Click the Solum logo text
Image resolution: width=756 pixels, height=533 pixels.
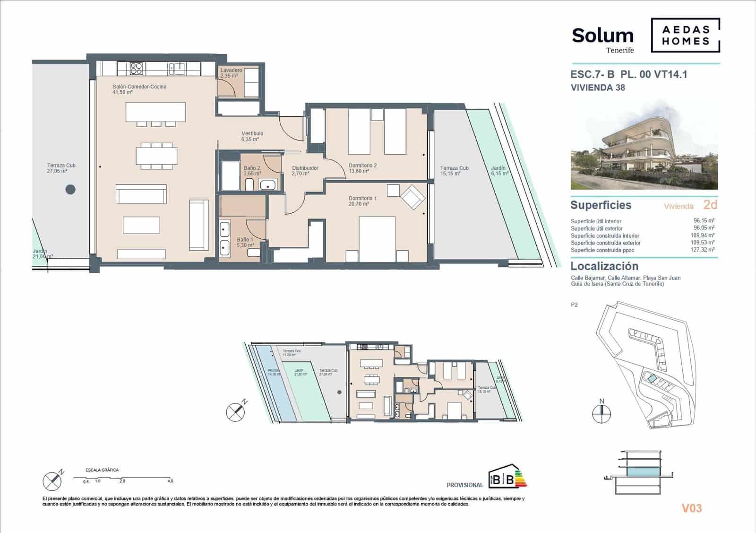tap(602, 36)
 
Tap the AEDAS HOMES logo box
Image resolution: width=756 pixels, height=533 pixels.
tap(686, 35)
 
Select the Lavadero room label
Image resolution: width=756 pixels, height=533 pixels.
tap(231, 70)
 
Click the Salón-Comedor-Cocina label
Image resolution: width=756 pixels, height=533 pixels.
tap(139, 87)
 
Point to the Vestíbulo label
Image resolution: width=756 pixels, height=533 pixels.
tap(252, 134)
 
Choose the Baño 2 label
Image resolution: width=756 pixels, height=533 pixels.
tap(252, 168)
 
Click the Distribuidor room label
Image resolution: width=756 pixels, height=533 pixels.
tap(305, 168)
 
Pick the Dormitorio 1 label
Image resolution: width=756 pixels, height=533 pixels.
tap(362, 198)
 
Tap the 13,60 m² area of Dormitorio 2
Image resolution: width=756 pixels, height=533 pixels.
tap(359, 171)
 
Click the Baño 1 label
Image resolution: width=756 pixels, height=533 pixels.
tap(245, 240)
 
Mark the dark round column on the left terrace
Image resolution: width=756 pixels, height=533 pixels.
tap(70, 190)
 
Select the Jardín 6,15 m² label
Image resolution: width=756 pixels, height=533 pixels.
tap(499, 171)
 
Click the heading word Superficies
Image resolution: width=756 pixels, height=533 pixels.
tap(601, 205)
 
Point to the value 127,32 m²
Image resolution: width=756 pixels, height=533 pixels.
tap(704, 250)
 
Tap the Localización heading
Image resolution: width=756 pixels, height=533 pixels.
tap(604, 266)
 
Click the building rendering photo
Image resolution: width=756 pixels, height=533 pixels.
tap(644, 150)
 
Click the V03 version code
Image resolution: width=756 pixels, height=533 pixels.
tap(691, 508)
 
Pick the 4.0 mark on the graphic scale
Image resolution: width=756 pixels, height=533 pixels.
tap(170, 481)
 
